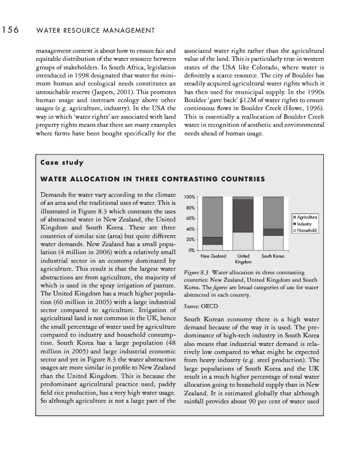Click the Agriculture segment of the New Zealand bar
212,216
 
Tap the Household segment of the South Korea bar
273,243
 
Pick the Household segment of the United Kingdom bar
243,241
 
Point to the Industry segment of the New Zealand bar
212,240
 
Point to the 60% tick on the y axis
190,218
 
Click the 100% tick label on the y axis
189,197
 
